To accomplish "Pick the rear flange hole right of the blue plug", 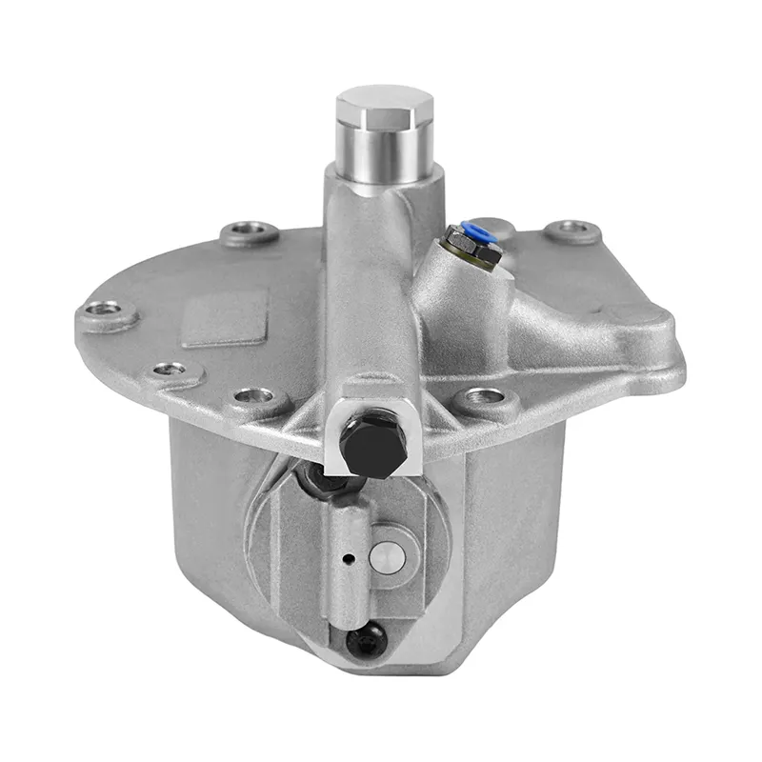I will [x=572, y=229].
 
